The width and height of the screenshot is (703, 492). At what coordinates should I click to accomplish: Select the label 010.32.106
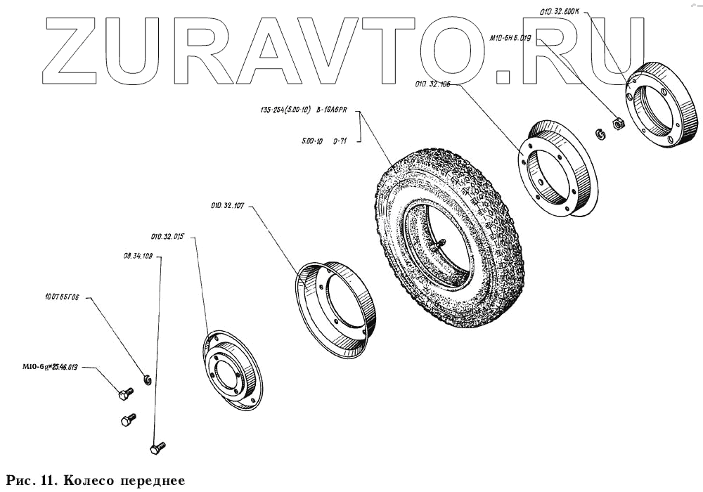coord(433,85)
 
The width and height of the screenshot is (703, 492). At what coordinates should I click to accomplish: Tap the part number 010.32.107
coord(228,206)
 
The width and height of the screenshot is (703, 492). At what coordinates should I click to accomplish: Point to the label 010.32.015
coord(167,238)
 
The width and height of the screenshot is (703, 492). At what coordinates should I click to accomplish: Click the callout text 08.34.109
coord(138,257)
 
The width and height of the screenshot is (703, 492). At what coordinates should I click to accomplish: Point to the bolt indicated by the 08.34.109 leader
coord(157,446)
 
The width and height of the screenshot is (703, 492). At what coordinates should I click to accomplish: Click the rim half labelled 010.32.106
coord(555,168)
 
